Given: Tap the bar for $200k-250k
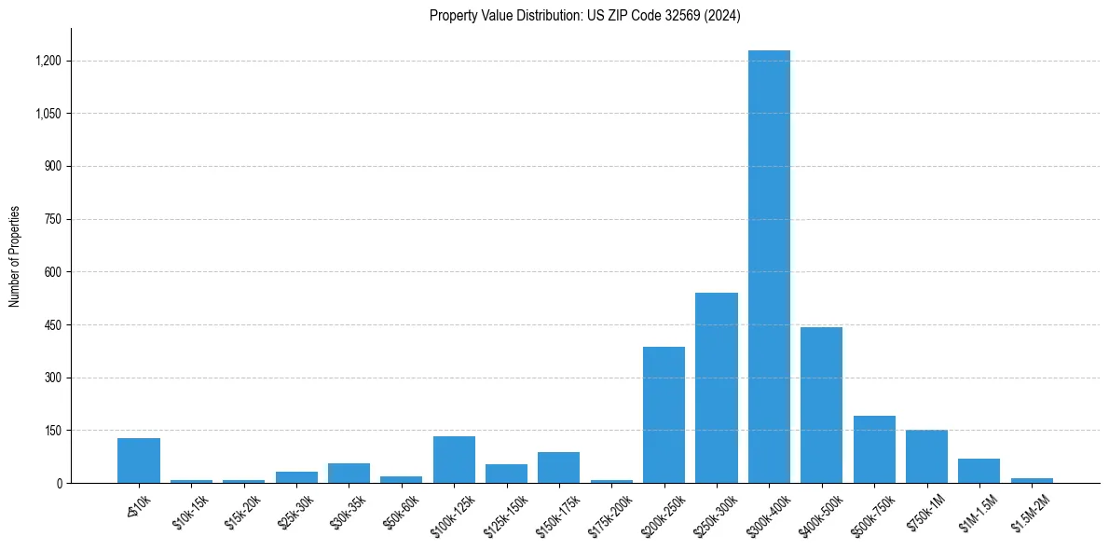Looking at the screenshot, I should tap(664, 415).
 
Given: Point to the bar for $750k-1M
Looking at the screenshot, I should tap(926, 457).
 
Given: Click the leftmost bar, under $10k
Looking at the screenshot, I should tap(139, 461).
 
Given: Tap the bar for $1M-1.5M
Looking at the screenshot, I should tap(979, 471).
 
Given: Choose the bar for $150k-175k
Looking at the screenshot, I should tap(558, 468).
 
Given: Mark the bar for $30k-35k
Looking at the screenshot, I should tap(349, 474).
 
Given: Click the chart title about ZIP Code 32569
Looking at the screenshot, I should tap(584, 16).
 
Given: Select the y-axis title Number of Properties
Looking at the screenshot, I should tap(15, 255).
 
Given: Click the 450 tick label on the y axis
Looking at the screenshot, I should tap(52, 325).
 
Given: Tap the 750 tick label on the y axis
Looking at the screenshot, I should tap(52, 219).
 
